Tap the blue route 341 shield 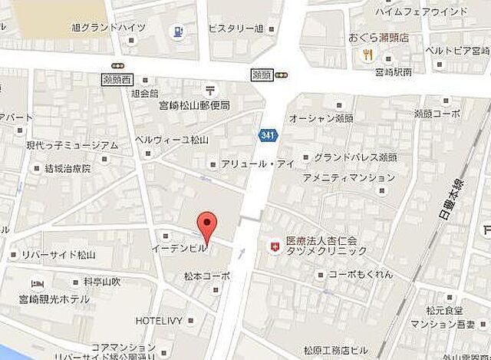click(267, 135)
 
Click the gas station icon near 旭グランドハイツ click(176, 31)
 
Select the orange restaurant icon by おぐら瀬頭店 click(369, 54)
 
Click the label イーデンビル click(177, 249)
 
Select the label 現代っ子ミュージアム click(72, 144)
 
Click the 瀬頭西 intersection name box click(117, 79)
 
